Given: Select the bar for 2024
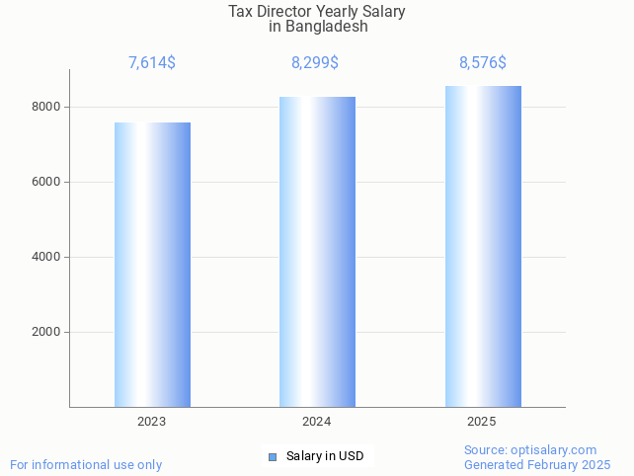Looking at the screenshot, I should pyautogui.click(x=317, y=252).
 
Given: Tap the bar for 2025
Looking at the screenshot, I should pyautogui.click(x=483, y=247).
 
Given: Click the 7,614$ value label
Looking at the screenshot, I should pyautogui.click(x=152, y=63).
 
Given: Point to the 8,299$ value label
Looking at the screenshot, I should pyautogui.click(x=315, y=63).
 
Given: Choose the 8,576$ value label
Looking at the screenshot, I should pyautogui.click(x=483, y=63).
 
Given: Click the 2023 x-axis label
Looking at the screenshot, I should pyautogui.click(x=152, y=422).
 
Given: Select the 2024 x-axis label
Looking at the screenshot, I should pyautogui.click(x=317, y=422).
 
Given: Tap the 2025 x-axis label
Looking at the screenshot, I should pyautogui.click(x=482, y=422).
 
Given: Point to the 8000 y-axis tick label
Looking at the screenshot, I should pyautogui.click(x=46, y=107).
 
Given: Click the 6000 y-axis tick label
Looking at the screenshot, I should pyautogui.click(x=46, y=182).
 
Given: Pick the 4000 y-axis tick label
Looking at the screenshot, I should pyautogui.click(x=46, y=257).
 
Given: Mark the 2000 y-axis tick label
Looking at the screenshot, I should pyautogui.click(x=46, y=332).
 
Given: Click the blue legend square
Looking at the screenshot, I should pyautogui.click(x=273, y=456).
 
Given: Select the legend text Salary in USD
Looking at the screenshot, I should pyautogui.click(x=325, y=456).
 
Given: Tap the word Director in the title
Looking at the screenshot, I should pyautogui.click(x=283, y=12).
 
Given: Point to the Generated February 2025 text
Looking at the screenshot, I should pyautogui.click(x=537, y=464).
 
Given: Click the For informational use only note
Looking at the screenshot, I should pyautogui.click(x=86, y=464).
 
